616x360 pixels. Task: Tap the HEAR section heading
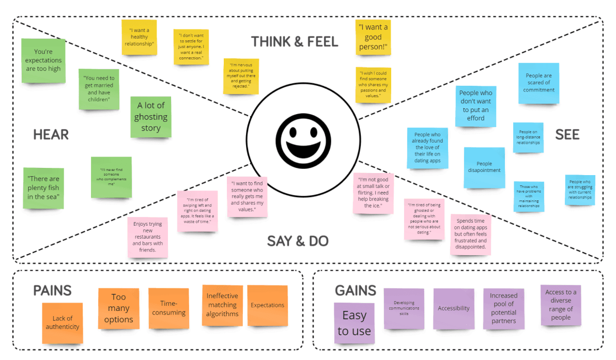(x=51, y=135)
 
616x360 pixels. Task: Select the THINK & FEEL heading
(x=295, y=42)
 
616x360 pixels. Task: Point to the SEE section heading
(x=567, y=135)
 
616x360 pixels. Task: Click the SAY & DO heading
(x=298, y=241)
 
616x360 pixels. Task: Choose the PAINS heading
(x=52, y=290)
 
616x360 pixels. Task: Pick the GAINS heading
(x=355, y=291)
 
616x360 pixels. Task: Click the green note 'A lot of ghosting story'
(x=150, y=117)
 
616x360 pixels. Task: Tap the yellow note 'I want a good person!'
(x=373, y=38)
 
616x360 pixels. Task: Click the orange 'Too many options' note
(x=118, y=308)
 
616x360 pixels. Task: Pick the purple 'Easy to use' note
(x=354, y=323)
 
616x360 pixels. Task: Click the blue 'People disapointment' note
(x=484, y=167)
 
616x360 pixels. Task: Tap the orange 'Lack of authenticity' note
(x=63, y=322)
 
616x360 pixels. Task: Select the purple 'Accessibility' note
(x=454, y=308)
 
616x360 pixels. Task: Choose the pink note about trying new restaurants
(x=147, y=237)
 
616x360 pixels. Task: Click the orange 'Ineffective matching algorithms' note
(x=222, y=305)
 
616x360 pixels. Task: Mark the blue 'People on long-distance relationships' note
(x=528, y=137)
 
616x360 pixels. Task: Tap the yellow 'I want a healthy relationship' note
(x=139, y=37)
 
